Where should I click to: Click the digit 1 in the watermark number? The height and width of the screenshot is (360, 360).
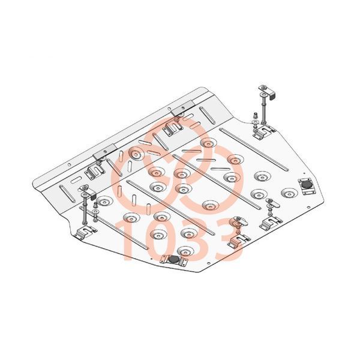(129, 241)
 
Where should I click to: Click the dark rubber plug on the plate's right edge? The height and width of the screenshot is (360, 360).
(306, 184)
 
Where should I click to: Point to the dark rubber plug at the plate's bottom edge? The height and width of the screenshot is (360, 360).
(174, 259)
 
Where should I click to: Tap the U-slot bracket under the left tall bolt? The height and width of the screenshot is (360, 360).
(85, 232)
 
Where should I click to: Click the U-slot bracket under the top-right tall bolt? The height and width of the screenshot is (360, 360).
(264, 132)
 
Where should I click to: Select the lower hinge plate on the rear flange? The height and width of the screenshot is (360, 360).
(105, 152)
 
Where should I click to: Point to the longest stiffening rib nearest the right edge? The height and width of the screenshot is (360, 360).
(254, 149)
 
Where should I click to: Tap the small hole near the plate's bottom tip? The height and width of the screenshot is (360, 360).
(208, 263)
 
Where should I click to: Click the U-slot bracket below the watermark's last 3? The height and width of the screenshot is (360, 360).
(239, 241)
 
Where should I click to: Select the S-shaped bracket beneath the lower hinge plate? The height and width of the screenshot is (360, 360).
(95, 172)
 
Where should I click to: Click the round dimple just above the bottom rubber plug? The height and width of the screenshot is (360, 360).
(185, 251)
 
